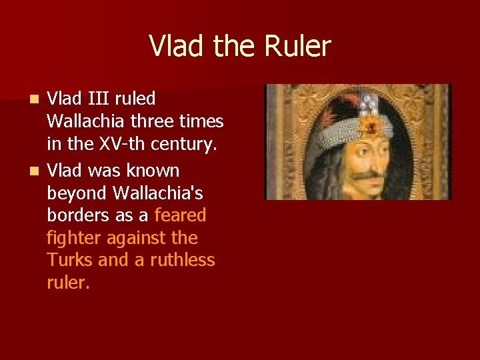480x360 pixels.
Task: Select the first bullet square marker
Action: tap(37, 99)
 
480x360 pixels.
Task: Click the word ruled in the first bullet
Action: tap(135, 99)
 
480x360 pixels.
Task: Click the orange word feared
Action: tap(180, 215)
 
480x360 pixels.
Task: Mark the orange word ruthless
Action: tap(181, 259)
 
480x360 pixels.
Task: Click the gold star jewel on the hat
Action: tap(367, 125)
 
